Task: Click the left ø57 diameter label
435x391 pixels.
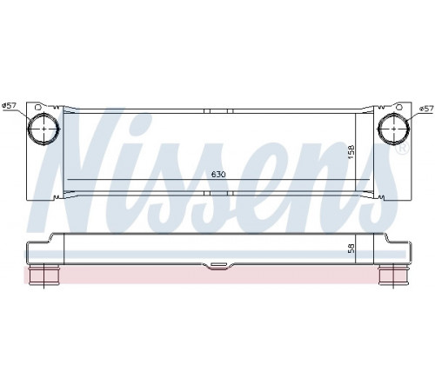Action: (x=9, y=106)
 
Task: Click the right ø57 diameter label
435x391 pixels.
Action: (x=426, y=109)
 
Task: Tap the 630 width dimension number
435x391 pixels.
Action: (x=218, y=175)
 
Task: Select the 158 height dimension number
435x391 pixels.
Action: (x=351, y=152)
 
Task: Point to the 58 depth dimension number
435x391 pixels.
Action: (x=351, y=249)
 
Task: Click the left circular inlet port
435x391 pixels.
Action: (x=43, y=129)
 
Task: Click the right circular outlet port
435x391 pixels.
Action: (x=394, y=129)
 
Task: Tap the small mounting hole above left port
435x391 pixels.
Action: (x=37, y=107)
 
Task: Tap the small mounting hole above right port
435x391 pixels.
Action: (x=399, y=107)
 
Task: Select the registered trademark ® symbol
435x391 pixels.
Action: (x=403, y=149)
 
